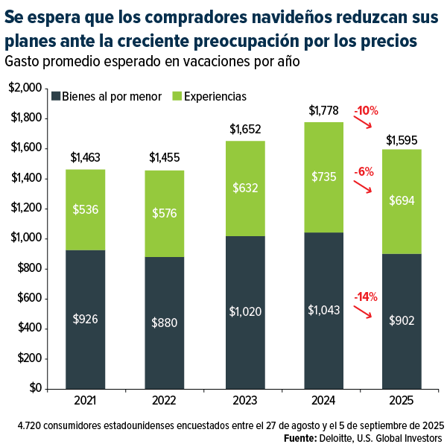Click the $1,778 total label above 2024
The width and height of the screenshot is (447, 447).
pos(326,111)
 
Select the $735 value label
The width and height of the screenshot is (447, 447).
pos(326,177)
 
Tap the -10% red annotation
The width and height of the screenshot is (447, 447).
pos(366,111)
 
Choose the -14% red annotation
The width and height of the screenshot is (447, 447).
pos(366,297)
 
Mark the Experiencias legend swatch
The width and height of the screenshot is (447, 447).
pos(177,97)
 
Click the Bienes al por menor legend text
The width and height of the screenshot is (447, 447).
pos(112,97)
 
